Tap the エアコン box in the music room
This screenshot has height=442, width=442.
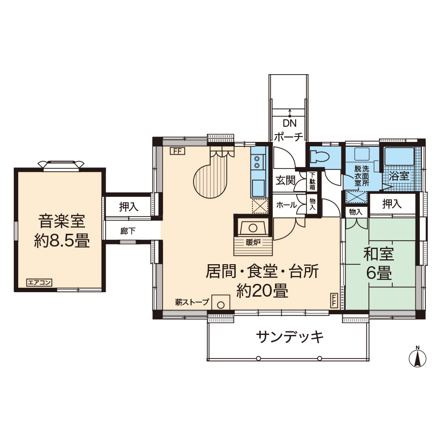[x=39, y=282]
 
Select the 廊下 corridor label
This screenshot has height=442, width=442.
[x=128, y=231]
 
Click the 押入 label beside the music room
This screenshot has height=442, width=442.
[x=129, y=207]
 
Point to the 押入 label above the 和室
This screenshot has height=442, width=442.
[x=392, y=204]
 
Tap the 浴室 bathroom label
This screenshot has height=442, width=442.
[x=399, y=176]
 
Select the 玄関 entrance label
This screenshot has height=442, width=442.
[x=285, y=180]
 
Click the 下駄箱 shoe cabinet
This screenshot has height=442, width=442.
[x=312, y=181]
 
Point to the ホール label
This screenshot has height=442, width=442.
[x=286, y=205]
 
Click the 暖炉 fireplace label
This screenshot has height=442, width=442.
[x=253, y=242]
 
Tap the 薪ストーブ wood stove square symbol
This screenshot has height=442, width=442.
[x=221, y=303]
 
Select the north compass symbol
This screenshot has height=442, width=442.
[x=417, y=357]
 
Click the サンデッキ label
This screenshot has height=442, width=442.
[x=289, y=336]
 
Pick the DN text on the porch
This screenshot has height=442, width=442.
[x=289, y=123]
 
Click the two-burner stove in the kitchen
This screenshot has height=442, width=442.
[x=257, y=162]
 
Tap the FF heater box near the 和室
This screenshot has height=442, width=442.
[x=334, y=301]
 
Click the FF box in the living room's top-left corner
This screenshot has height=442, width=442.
[x=177, y=151]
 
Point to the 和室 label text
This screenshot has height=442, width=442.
[x=379, y=254]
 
